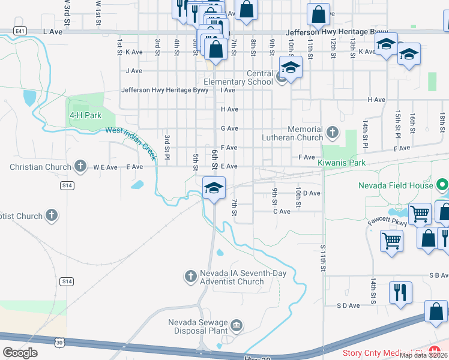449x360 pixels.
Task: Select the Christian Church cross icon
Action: pyautogui.click(x=80, y=166)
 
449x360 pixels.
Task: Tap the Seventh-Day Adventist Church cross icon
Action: pyautogui.click(x=190, y=276)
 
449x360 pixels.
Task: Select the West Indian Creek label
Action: pyautogui.click(x=131, y=143)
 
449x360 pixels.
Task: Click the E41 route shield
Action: pyautogui.click(x=20, y=31)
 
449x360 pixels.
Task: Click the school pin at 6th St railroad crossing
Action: pyautogui.click(x=214, y=188)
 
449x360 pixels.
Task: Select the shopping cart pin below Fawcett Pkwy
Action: pyautogui.click(x=391, y=241)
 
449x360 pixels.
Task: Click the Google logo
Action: pyautogui.click(x=20, y=352)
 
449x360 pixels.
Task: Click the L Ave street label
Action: pyautogui.click(x=53, y=31)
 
